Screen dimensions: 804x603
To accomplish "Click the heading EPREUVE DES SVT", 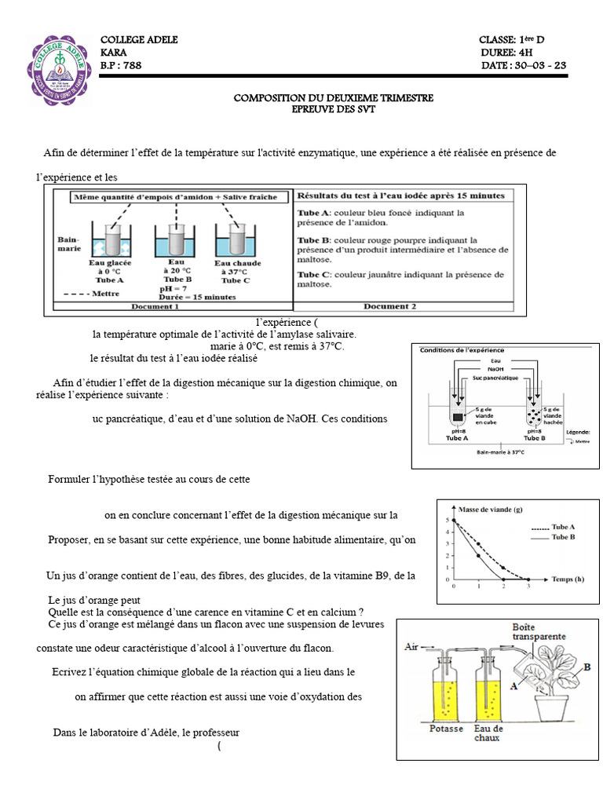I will [334, 109].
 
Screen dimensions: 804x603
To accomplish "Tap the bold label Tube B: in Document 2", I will [312, 240].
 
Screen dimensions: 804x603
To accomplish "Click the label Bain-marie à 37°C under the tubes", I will [494, 452].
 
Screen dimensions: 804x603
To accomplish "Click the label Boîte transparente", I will [540, 632].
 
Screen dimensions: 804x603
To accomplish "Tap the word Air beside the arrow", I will [411, 647].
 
